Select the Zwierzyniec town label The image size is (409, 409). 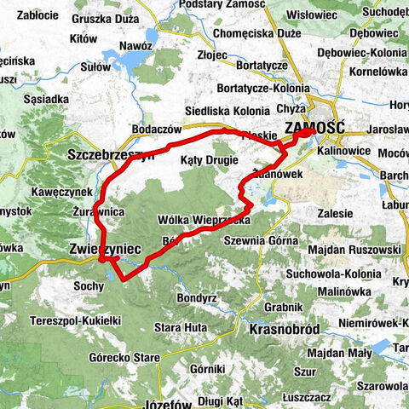point(101,248)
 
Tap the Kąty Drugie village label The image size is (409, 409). point(210,160)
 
